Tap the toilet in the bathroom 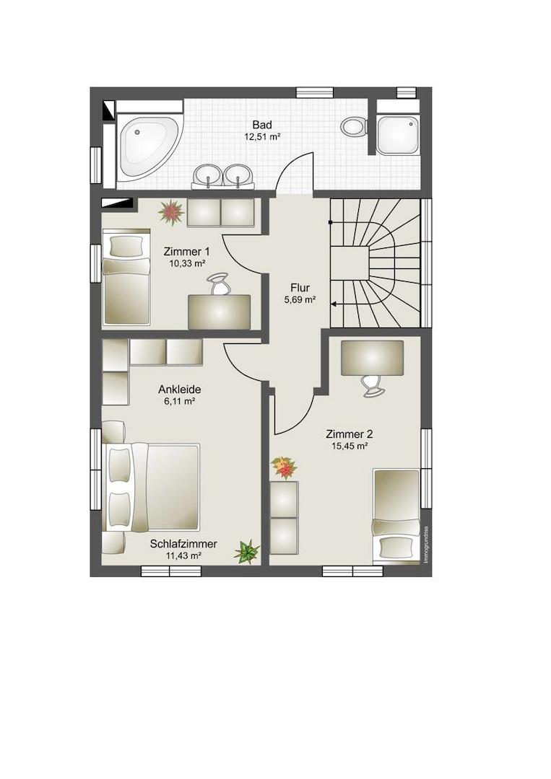click(x=355, y=126)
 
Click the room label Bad click(x=262, y=125)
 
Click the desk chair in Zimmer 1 click(x=219, y=284)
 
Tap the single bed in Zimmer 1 click(x=126, y=277)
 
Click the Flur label click(x=300, y=288)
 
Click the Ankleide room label click(x=180, y=390)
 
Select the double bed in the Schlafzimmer click(x=151, y=487)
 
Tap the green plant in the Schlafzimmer click(x=247, y=552)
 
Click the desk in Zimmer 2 click(x=372, y=358)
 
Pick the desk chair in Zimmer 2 click(x=372, y=385)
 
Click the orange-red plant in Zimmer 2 click(x=284, y=467)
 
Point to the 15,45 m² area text click(x=350, y=446)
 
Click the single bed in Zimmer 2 click(x=396, y=516)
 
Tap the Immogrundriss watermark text click(x=425, y=545)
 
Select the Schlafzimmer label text click(x=183, y=545)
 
